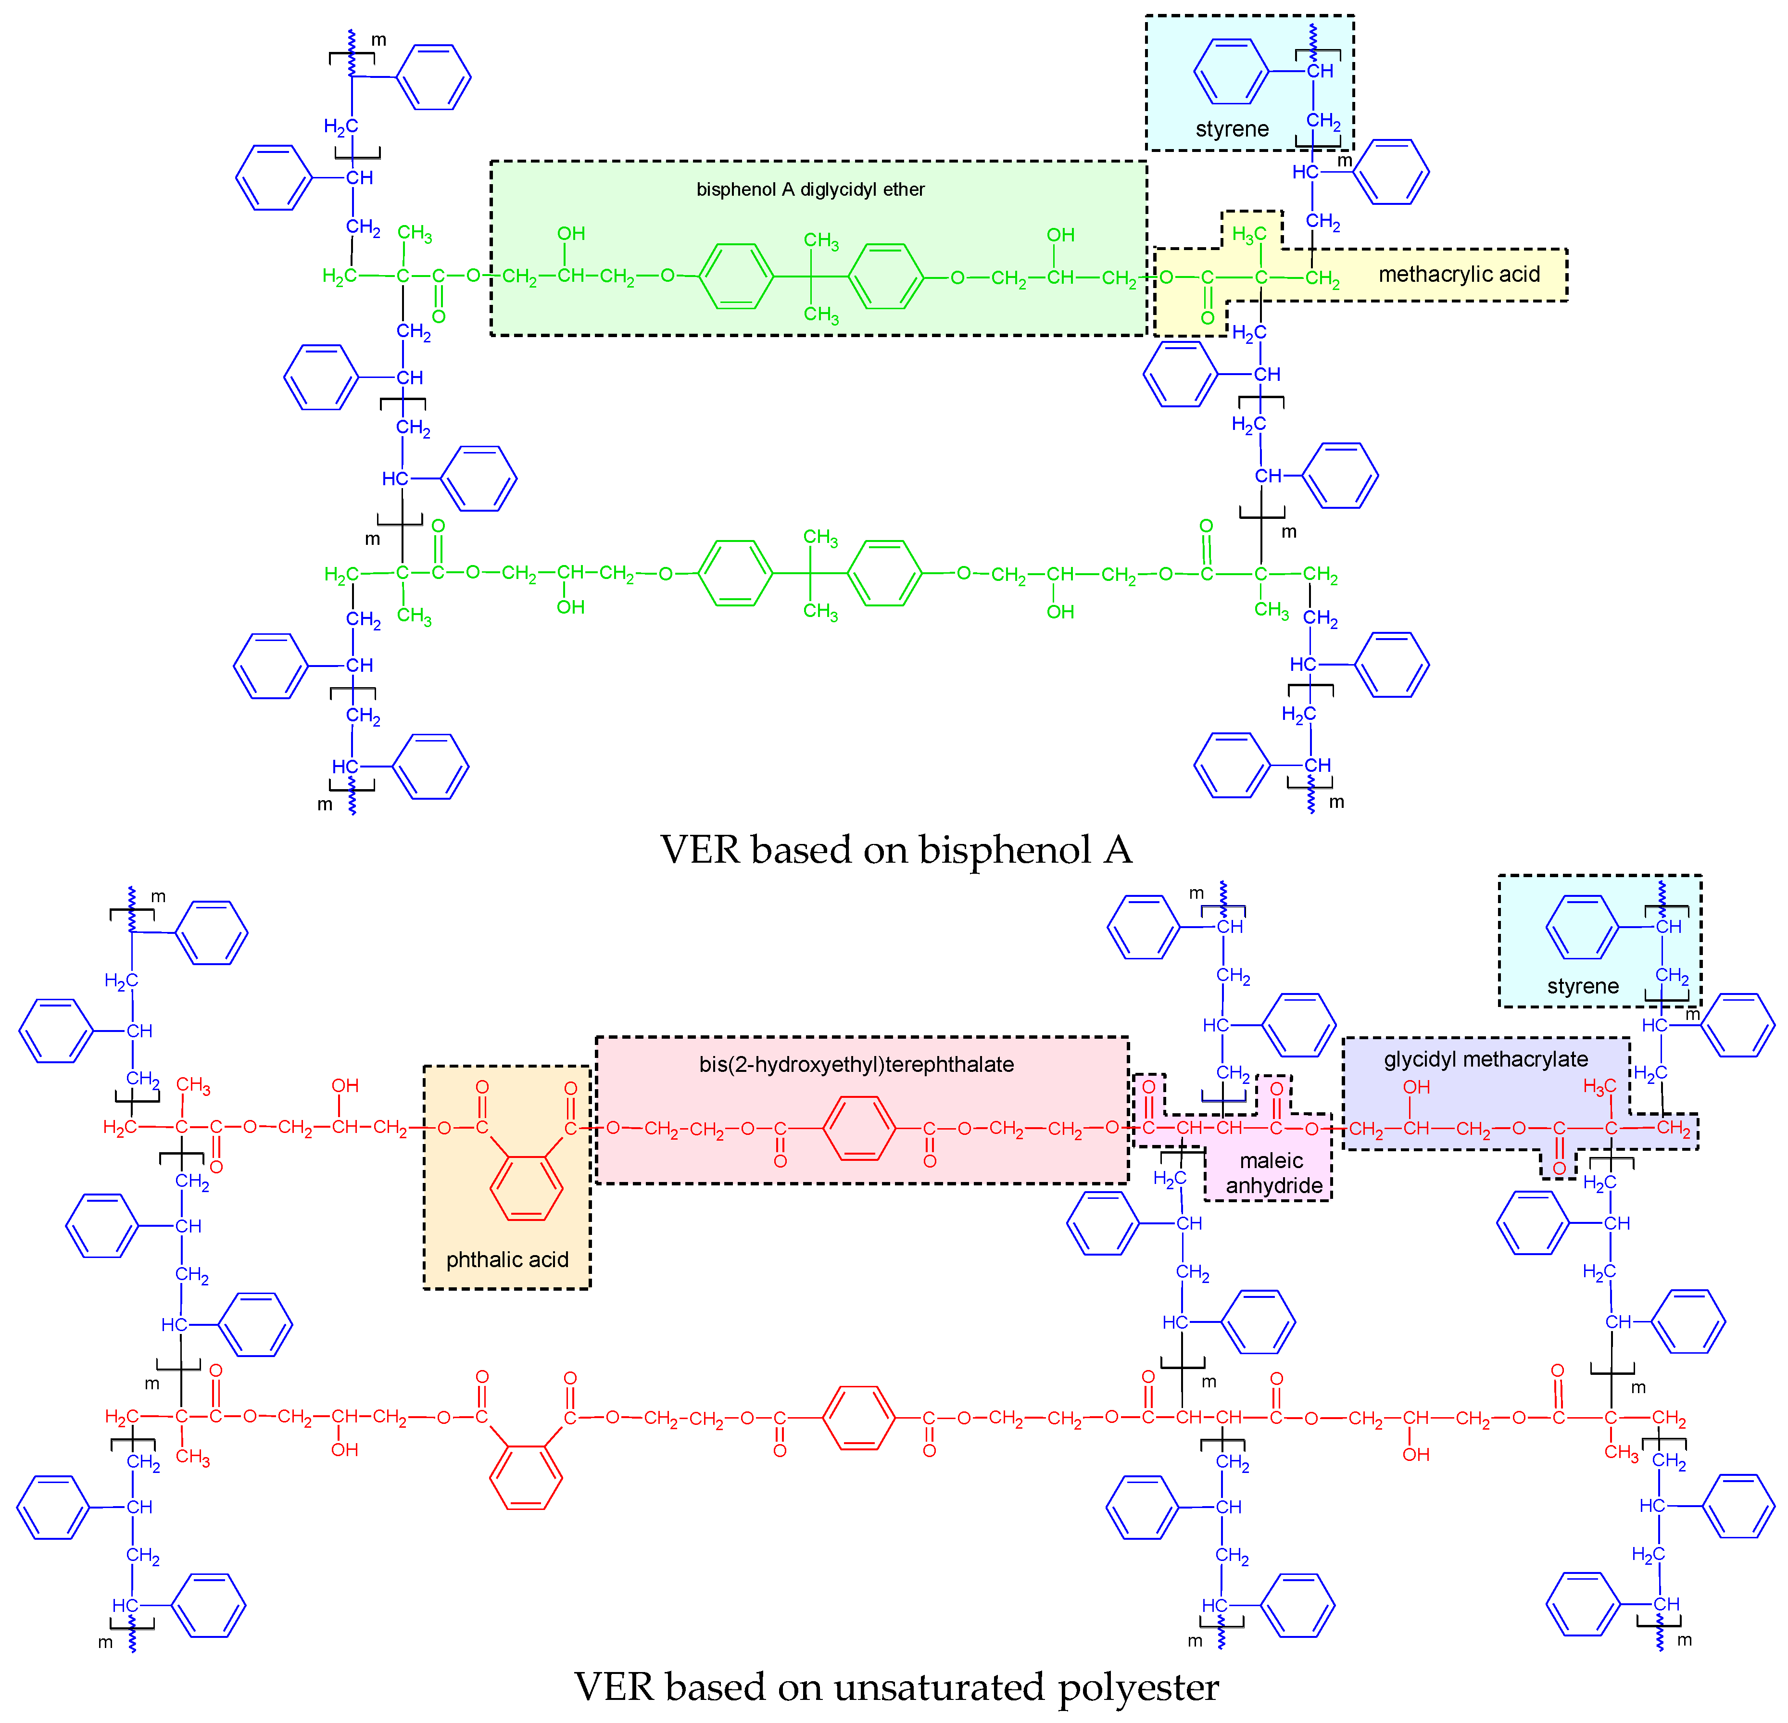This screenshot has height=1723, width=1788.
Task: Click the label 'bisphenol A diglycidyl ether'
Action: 810,190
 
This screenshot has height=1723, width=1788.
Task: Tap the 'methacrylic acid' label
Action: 1459,275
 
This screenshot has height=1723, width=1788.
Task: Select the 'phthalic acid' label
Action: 507,1259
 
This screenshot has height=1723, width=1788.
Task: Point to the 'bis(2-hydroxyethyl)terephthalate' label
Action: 856,1065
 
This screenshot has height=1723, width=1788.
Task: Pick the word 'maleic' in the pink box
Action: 1272,1160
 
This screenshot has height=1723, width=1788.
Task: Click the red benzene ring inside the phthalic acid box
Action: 527,1188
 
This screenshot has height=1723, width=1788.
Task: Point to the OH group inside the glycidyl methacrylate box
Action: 1416,1087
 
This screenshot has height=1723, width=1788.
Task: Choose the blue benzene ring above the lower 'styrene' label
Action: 1583,928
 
